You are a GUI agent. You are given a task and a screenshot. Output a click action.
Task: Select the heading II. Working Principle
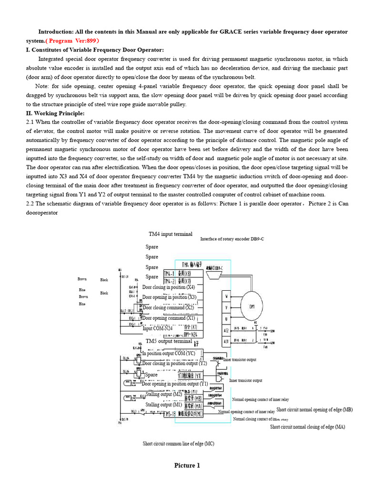click(x=55, y=113)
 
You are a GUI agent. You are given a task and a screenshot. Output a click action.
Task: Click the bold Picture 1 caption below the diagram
click(x=187, y=466)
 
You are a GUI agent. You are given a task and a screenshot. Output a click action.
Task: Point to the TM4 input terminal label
click(x=171, y=234)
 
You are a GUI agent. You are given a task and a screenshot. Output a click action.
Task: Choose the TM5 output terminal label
click(x=169, y=341)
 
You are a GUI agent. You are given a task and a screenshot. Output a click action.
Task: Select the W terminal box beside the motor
click(x=226, y=296)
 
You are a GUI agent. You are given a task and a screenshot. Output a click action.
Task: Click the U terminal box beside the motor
click(x=226, y=318)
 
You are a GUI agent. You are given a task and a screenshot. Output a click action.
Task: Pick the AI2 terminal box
click(x=226, y=330)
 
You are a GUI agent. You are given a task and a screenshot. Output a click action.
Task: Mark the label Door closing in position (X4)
click(x=168, y=287)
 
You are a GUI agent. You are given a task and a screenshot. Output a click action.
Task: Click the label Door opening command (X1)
click(x=169, y=318)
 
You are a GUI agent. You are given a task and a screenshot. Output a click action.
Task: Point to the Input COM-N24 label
click(x=159, y=328)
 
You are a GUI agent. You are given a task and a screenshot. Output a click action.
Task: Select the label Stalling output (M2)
click(x=163, y=394)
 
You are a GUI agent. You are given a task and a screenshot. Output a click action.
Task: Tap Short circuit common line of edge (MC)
click(x=178, y=444)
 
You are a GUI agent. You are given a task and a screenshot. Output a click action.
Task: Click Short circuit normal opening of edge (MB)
click(x=314, y=410)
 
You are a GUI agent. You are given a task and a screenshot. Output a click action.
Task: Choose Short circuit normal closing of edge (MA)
click(x=307, y=427)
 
